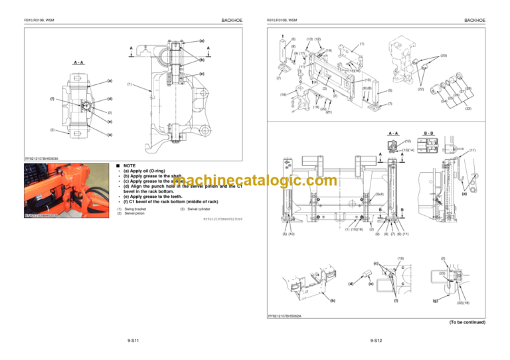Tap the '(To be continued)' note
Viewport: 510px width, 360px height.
467,322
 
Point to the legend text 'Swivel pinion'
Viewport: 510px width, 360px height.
138,214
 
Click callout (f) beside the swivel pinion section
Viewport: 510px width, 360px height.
52,100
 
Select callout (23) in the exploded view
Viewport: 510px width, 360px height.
443,56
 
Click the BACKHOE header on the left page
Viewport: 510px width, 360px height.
228,21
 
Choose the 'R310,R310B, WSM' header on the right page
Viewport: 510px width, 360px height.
282,21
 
